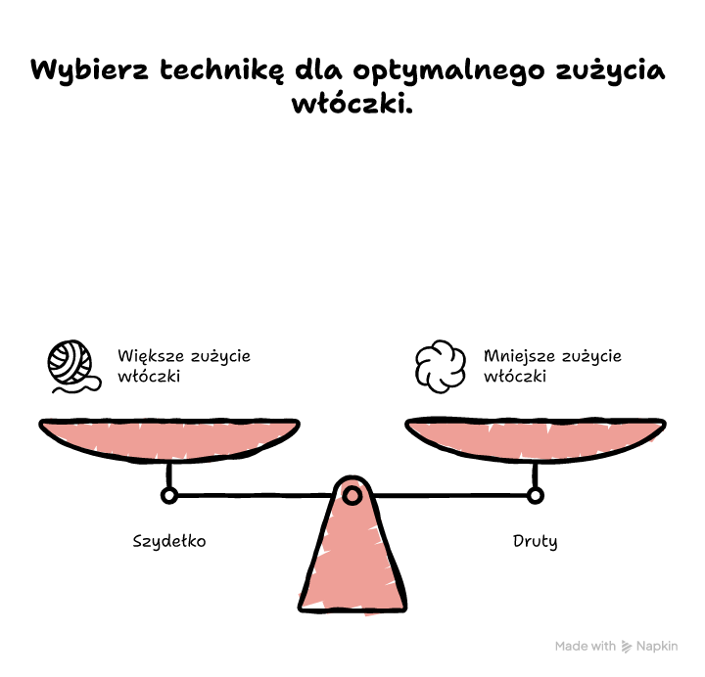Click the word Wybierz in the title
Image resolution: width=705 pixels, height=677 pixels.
coord(89,71)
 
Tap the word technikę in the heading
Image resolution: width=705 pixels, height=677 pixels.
coord(222,71)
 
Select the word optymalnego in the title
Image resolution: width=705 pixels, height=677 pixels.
coord(448,71)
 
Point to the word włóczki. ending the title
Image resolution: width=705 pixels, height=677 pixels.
coord(352,103)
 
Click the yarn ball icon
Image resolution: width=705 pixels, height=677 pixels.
coord(73,367)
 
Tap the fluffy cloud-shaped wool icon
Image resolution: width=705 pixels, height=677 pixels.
coord(441,367)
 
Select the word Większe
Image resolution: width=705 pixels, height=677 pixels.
coord(151,356)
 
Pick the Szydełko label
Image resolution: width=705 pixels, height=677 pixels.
coord(169,541)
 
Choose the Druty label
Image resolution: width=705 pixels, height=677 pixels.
coord(535,541)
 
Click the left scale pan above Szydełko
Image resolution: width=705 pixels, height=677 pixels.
coord(169,439)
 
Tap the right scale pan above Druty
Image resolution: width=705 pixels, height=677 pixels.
coord(536,439)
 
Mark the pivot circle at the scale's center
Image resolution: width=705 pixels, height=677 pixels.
coord(352,495)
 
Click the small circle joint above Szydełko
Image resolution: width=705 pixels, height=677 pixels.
coord(169,496)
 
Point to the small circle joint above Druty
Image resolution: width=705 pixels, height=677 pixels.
coord(535,496)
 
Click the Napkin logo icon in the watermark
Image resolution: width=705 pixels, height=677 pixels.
coord(627,647)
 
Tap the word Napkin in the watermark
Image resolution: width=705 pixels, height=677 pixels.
coord(657,647)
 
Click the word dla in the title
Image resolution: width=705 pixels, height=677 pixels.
coord(318,69)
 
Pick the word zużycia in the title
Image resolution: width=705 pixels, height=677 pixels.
coord(610,71)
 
